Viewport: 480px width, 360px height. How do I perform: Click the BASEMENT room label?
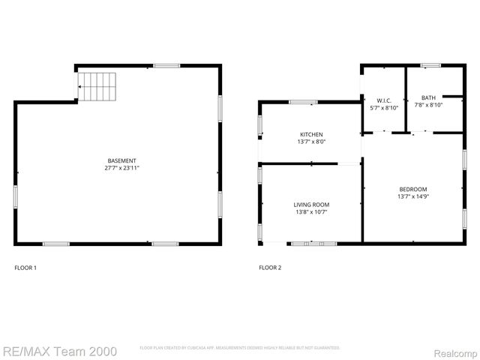tap(121, 160)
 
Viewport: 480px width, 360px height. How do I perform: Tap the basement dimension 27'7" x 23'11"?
tap(121, 168)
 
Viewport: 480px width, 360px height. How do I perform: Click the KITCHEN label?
tap(310, 134)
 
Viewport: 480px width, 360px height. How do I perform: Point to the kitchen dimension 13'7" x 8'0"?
tap(310, 142)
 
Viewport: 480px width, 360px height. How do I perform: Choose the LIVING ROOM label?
tap(310, 204)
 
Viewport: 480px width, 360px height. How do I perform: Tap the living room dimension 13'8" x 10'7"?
tap(310, 212)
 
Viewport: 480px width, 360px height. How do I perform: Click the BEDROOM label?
tap(412, 189)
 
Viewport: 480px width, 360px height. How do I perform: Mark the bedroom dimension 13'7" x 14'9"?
tap(412, 196)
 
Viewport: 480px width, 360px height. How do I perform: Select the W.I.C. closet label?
tap(384, 100)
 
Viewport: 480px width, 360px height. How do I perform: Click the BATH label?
tap(427, 97)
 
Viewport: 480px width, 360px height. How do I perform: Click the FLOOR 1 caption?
tap(25, 268)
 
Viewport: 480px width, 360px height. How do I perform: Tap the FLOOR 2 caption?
tap(270, 268)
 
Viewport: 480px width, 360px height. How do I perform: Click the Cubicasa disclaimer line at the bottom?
tap(240, 348)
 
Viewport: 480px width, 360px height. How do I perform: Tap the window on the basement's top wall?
tap(166, 66)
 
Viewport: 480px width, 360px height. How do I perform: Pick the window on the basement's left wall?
tap(16, 196)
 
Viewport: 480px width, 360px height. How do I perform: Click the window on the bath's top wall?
tap(430, 66)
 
